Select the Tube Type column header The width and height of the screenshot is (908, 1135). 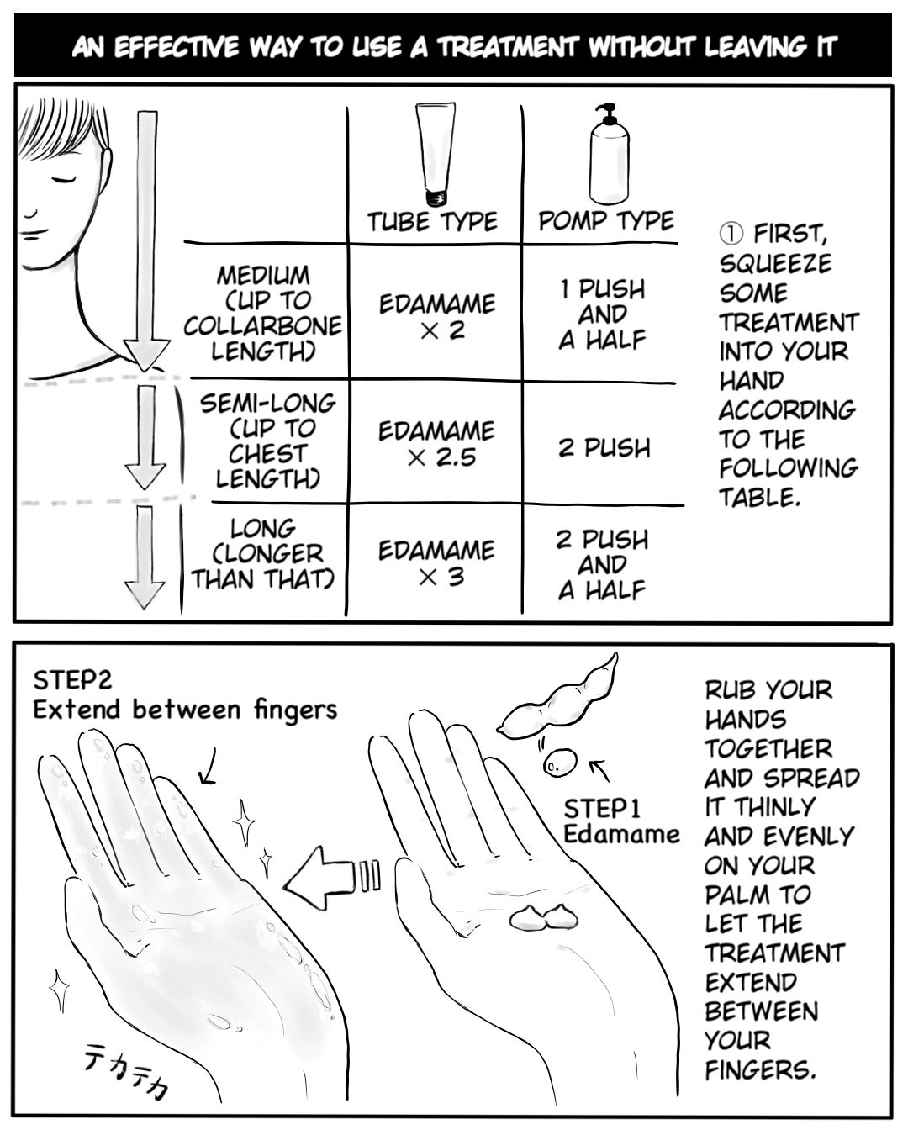(432, 222)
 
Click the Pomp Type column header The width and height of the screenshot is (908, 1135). (605, 221)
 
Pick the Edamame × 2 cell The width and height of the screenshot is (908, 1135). (436, 316)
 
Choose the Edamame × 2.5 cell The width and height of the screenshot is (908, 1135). (436, 444)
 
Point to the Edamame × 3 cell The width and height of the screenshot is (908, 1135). (436, 563)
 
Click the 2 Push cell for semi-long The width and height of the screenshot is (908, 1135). (604, 447)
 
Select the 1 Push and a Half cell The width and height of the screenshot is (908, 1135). (603, 314)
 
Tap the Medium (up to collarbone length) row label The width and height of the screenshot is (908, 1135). (263, 313)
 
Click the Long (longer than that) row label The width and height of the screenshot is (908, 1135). (262, 554)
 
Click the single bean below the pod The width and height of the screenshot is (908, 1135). (555, 764)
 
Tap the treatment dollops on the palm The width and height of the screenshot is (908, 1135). (540, 917)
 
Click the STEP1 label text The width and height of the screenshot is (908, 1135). (603, 809)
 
